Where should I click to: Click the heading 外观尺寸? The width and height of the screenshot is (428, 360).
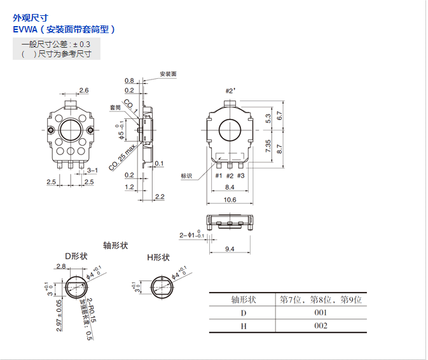[x=31, y=18]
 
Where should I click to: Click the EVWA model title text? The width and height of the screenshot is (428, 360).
[x=64, y=30]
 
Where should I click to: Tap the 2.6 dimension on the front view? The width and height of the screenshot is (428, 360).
[x=83, y=90]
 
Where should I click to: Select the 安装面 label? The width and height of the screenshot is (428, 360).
[x=168, y=74]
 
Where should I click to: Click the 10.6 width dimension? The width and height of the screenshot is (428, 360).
[x=230, y=200]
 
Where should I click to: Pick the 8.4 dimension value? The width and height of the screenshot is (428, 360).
[x=230, y=187]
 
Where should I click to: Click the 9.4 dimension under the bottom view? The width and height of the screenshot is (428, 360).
[x=230, y=249]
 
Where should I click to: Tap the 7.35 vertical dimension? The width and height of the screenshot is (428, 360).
[x=268, y=146]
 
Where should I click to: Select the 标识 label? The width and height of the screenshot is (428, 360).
[x=186, y=176]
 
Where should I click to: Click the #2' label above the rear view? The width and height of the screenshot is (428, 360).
[x=230, y=92]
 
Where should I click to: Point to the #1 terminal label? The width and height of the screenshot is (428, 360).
[x=219, y=176]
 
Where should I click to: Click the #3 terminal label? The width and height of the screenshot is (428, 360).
[x=241, y=176]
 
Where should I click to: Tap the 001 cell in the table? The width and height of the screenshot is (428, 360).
[x=321, y=312]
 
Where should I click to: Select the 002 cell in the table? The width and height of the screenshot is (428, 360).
[x=321, y=326]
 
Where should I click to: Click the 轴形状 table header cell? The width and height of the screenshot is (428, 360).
[x=242, y=299]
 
